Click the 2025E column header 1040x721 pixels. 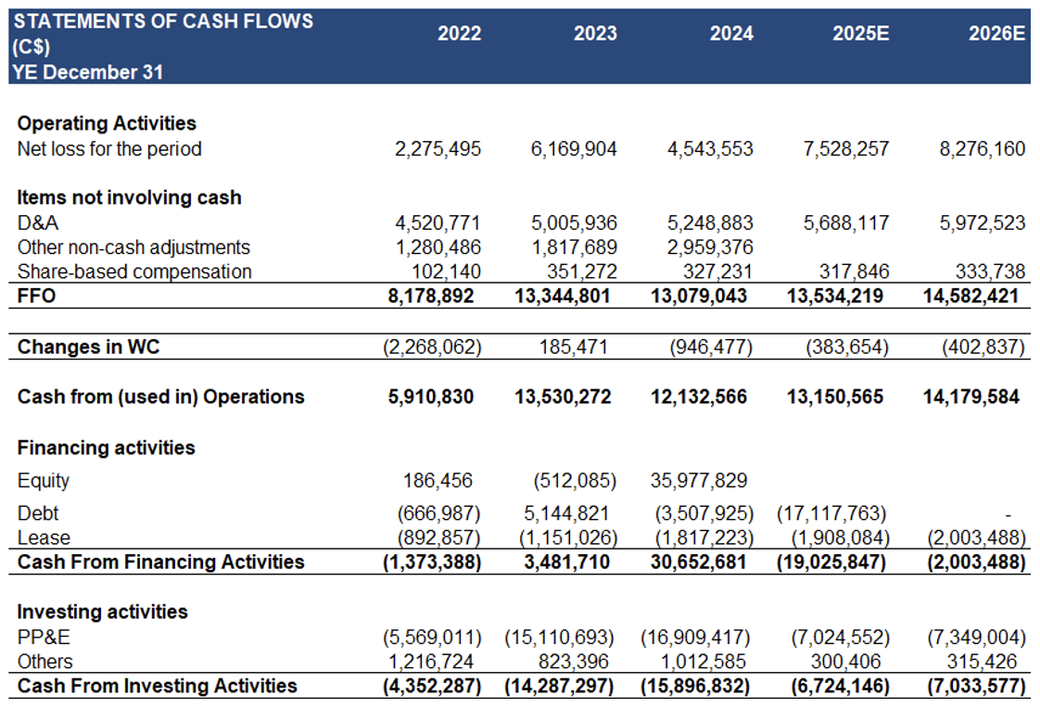(x=860, y=33)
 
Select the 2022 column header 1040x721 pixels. (x=459, y=33)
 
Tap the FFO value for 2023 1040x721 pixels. (x=563, y=296)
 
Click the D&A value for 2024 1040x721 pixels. (x=710, y=222)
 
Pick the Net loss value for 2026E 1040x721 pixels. (x=983, y=148)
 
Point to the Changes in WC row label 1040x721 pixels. (x=88, y=347)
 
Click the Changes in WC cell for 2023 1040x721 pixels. (x=573, y=347)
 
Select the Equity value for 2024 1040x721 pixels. (x=698, y=480)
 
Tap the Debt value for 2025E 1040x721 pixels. (x=831, y=513)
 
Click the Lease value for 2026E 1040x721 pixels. (x=976, y=538)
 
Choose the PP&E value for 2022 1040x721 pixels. (x=432, y=638)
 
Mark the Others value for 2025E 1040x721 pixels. (x=845, y=662)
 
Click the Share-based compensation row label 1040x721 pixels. (x=134, y=272)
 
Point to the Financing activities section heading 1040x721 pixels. (x=106, y=448)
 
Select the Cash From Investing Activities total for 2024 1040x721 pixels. (x=695, y=686)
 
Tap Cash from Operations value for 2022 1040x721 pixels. (x=431, y=397)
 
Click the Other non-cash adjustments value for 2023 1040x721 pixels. (x=574, y=247)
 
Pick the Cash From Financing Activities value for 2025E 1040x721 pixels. (x=831, y=562)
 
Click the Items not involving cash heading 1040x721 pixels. (x=130, y=197)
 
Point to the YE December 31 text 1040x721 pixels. (x=87, y=71)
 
